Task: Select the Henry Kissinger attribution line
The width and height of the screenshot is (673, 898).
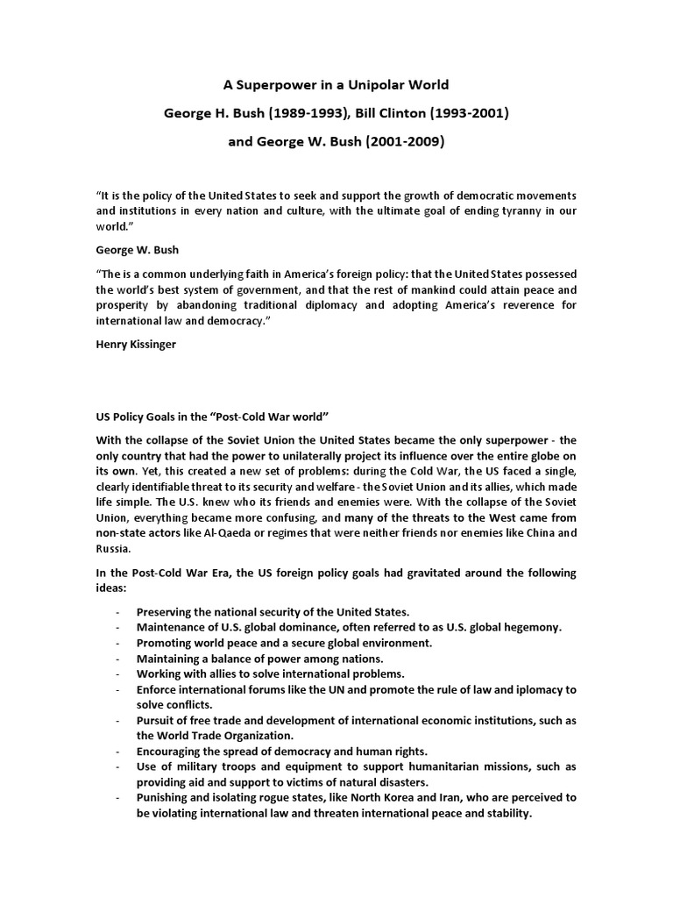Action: pos(137,344)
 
